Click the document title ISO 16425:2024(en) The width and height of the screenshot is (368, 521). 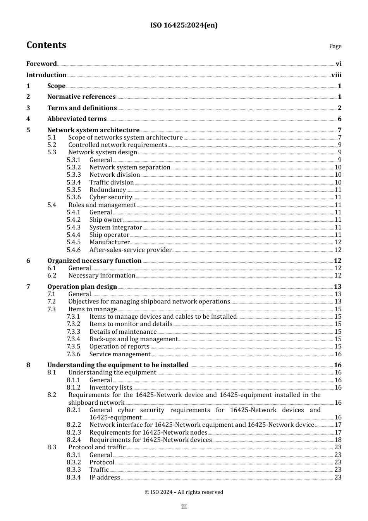click(x=184, y=25)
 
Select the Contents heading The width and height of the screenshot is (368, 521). click(x=46, y=45)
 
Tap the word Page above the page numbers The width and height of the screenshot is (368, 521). click(x=335, y=46)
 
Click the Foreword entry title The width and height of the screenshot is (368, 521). click(x=41, y=64)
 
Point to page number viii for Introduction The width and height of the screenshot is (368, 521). click(x=336, y=75)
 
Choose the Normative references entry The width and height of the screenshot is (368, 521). click(x=81, y=97)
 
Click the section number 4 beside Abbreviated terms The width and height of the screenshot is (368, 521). click(x=28, y=119)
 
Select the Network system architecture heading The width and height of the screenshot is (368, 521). click(x=93, y=130)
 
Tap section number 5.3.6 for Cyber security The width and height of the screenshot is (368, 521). click(x=74, y=197)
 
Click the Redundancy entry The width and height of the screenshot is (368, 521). click(x=108, y=190)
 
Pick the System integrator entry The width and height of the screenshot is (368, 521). click(x=115, y=227)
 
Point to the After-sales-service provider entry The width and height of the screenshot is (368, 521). click(x=130, y=250)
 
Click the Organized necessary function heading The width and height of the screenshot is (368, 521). click(x=94, y=260)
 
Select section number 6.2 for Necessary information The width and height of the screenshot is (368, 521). click(x=52, y=275)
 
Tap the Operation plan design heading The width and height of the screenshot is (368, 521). click(x=82, y=286)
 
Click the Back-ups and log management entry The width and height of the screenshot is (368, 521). click(x=133, y=339)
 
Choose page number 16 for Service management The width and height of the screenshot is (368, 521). click(x=338, y=354)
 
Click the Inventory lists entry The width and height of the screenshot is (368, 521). click(x=110, y=387)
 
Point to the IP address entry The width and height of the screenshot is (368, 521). click(x=105, y=477)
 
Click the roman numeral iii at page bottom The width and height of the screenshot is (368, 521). click(x=184, y=506)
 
